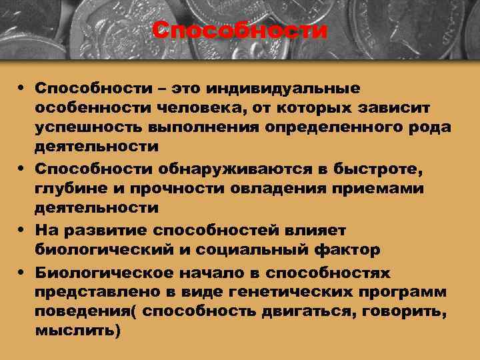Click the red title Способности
[239, 30]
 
